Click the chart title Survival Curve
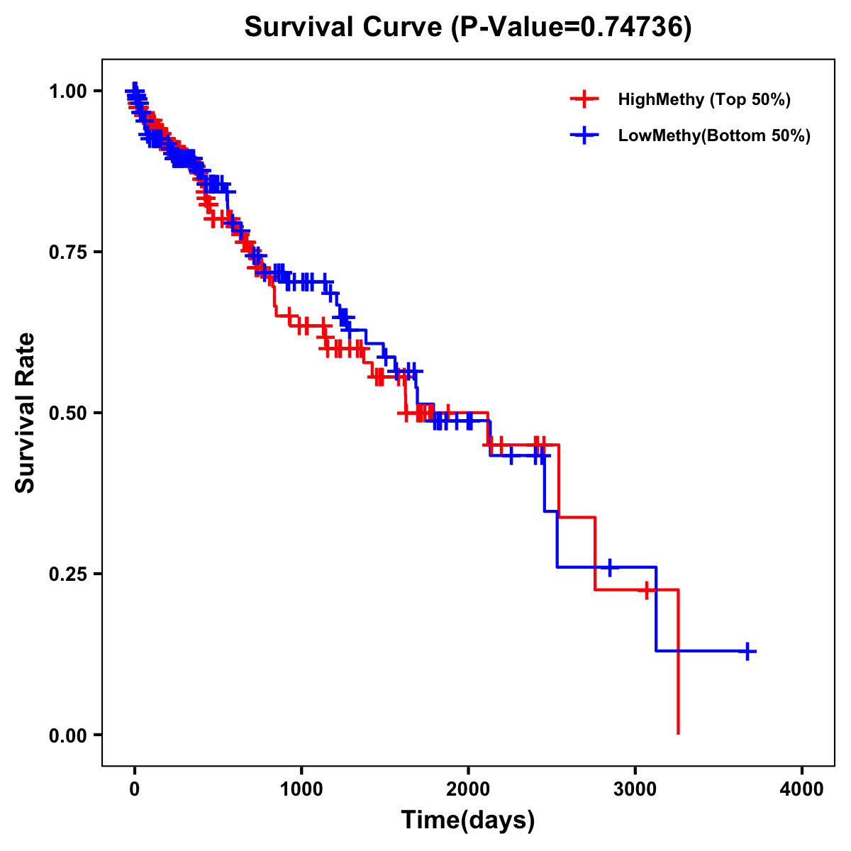pos(345,27)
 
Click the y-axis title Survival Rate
pos(26,413)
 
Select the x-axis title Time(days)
pos(468,820)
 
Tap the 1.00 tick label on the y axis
pos(68,91)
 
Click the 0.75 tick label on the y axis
pos(68,252)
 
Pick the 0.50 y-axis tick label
pos(68,413)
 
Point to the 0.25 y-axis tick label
pos(68,574)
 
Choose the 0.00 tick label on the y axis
pos(68,735)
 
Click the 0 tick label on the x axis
pos(135,789)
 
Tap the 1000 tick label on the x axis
pos(301,789)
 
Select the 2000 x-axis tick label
pos(468,789)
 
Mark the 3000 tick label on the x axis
pos(635,789)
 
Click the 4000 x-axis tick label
pos(802,789)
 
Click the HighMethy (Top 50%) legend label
pos(704,99)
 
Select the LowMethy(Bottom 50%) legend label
pos(714,135)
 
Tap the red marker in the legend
pos(584,99)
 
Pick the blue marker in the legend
pos(584,135)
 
